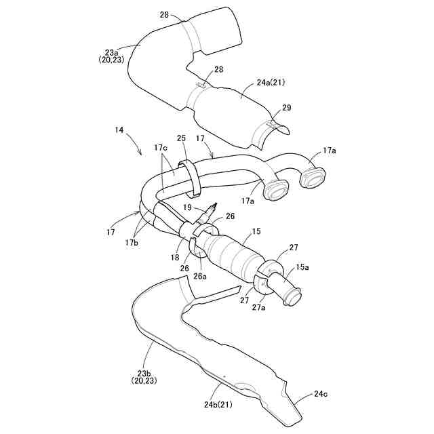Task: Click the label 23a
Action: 111,51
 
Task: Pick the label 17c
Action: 161,147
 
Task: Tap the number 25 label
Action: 181,138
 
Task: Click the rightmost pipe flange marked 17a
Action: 313,178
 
